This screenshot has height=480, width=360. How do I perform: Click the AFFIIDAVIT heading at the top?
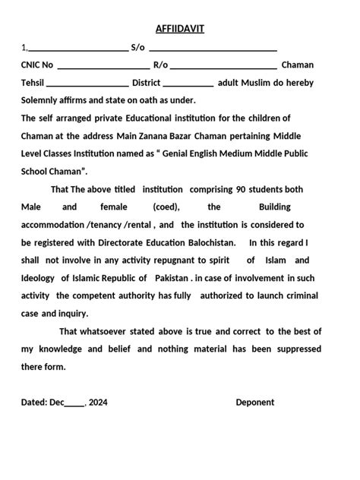(x=179, y=29)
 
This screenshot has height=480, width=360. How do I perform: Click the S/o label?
(x=137, y=48)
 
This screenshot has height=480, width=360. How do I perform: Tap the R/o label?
(x=160, y=66)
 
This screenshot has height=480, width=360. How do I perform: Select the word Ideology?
(x=37, y=278)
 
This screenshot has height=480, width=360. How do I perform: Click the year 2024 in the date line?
(x=98, y=403)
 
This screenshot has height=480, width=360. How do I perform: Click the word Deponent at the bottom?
(x=255, y=403)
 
